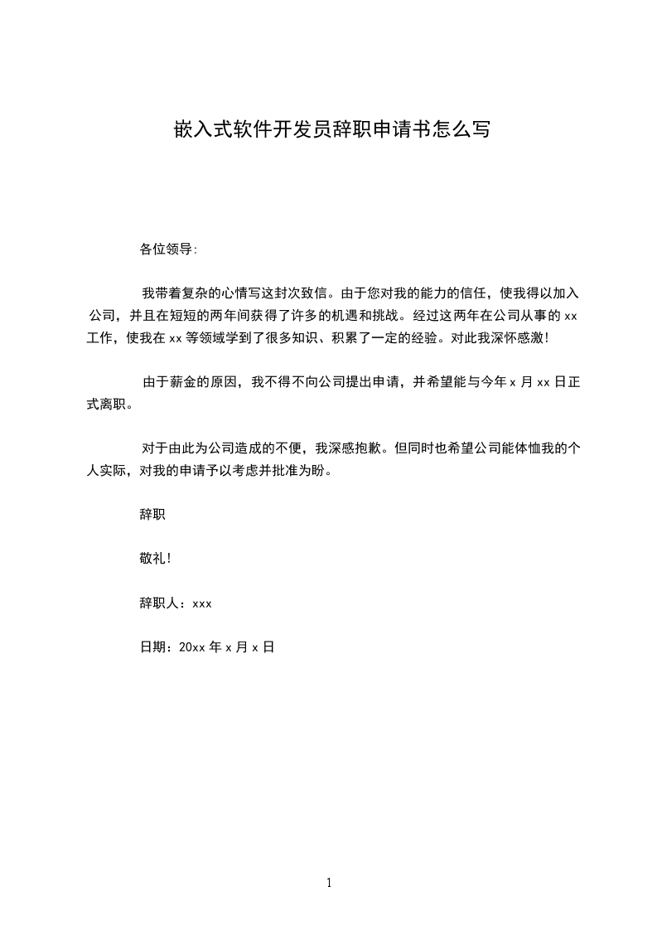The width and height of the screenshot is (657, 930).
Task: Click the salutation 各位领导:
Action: (x=169, y=248)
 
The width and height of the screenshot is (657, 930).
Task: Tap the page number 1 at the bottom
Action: (x=329, y=883)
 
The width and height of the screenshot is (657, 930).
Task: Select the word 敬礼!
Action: (x=156, y=558)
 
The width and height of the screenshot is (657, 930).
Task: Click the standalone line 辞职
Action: (x=152, y=514)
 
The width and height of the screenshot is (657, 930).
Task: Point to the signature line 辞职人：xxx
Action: (x=176, y=603)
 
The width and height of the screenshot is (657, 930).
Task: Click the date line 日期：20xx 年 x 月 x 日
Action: (x=207, y=647)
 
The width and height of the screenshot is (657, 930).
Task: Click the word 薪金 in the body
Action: (x=188, y=382)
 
